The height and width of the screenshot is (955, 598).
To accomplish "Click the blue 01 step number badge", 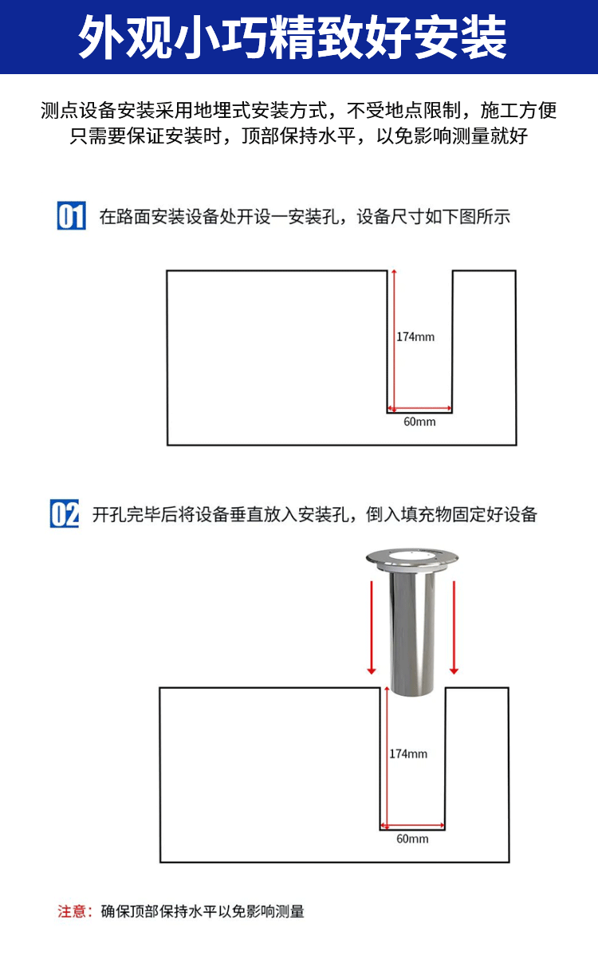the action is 71,215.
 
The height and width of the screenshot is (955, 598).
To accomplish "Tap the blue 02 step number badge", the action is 65,513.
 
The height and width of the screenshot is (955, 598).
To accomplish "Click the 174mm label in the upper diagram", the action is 415,337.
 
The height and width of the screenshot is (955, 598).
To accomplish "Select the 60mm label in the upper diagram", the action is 419,422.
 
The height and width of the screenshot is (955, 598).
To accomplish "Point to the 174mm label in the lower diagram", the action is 408,754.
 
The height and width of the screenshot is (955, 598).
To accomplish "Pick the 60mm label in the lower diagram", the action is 412,839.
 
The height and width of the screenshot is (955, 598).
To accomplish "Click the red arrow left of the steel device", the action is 372,627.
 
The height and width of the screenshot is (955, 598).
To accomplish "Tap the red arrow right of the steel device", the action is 454,627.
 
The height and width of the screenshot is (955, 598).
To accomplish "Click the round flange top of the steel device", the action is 411,557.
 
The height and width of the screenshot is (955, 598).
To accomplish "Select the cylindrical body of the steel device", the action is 411,634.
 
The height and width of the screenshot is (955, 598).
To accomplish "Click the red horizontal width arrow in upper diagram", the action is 419,409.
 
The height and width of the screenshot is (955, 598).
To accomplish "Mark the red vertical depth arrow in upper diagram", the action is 394,340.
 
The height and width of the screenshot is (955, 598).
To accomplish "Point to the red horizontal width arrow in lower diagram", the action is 412,826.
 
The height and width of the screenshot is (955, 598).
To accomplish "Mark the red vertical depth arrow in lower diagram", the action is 387,757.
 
